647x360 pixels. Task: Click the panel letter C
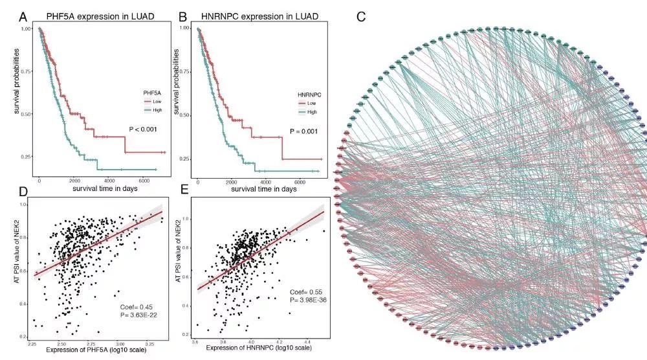pos(361,15)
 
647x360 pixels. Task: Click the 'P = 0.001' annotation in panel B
pos(305,131)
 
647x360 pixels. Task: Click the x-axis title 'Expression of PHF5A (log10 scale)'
pos(93,350)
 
